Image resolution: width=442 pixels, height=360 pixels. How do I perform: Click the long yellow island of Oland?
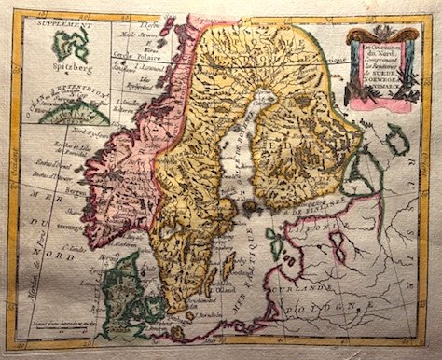click(x=228, y=270)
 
